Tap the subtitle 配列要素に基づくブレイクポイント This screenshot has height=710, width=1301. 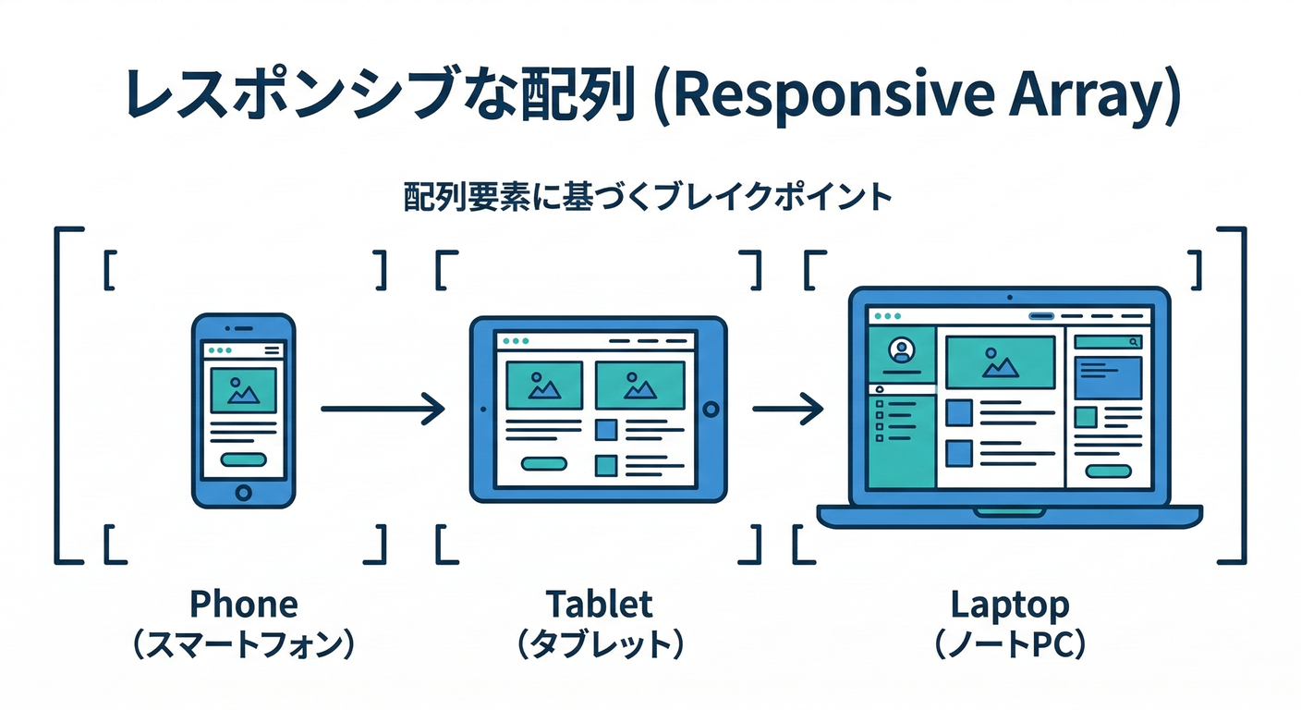pos(648,198)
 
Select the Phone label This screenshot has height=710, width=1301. pos(244,605)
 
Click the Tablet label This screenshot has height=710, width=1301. pos(599,605)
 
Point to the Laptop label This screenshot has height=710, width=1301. pos(1010,605)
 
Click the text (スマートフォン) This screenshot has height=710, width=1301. pos(244,645)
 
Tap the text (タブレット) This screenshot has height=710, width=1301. pos(599,645)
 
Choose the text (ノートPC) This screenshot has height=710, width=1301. pos(1010,645)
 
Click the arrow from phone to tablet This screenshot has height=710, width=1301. pos(382,408)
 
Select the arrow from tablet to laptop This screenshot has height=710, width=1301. pos(786,407)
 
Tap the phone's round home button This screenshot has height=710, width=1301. pos(243,492)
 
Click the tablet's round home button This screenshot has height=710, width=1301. pos(710,409)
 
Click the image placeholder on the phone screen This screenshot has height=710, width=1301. pos(243,390)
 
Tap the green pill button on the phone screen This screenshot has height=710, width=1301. pos(243,459)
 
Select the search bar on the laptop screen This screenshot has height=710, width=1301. pos(1108,342)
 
